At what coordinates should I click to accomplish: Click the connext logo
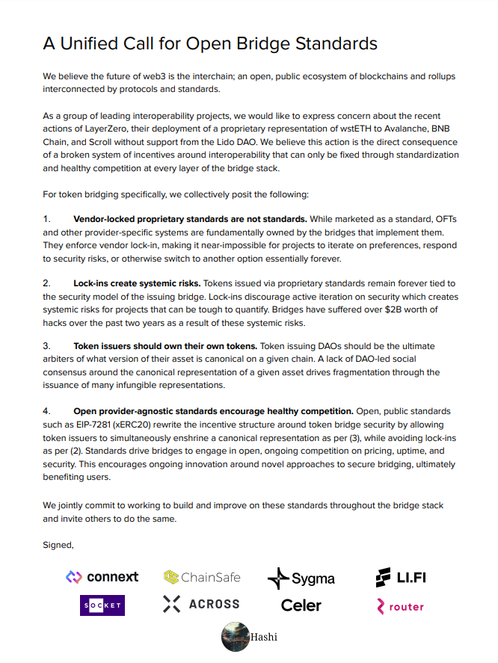[102, 576]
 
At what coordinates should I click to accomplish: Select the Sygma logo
[301, 578]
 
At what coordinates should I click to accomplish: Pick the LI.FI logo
[401, 577]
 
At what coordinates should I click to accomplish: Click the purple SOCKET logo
[102, 605]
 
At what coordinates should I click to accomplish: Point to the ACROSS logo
[201, 604]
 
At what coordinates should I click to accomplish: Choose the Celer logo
[301, 605]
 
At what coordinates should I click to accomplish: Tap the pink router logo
[401, 606]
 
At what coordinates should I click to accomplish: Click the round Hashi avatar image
[236, 637]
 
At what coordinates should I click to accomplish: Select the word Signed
[58, 545]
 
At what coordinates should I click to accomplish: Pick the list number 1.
[46, 219]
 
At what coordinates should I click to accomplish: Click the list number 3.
[46, 346]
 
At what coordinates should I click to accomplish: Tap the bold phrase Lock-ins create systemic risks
[137, 283]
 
